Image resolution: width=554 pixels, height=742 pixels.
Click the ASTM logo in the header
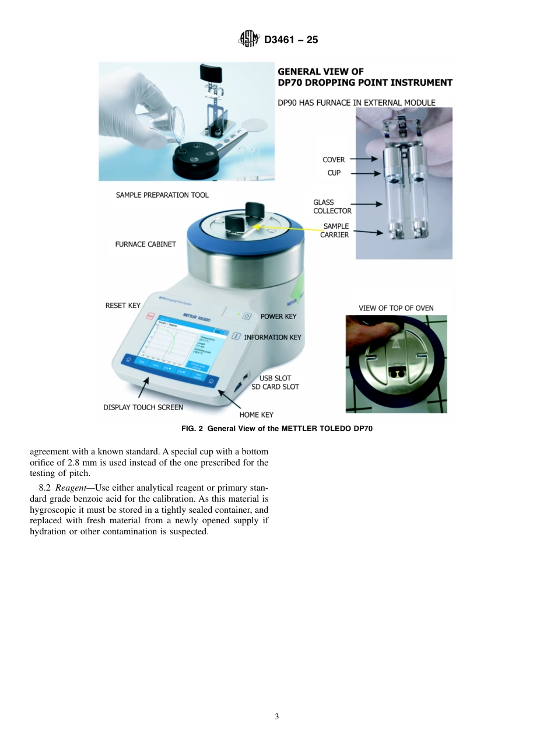249,40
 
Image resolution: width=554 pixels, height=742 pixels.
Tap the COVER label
334,159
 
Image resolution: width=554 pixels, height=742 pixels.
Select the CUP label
334,173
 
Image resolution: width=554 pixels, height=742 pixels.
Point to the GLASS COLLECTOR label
332,206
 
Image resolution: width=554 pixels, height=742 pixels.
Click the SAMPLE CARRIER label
335,230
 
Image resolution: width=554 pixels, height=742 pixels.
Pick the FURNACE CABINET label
145,244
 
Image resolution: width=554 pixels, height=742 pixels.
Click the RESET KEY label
123,305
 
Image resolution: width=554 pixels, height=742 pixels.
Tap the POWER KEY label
278,316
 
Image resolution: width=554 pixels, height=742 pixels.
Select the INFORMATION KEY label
272,337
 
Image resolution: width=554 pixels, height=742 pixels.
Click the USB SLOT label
275,378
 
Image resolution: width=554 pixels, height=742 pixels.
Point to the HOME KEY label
256,415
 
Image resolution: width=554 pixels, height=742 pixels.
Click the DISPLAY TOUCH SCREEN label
143,407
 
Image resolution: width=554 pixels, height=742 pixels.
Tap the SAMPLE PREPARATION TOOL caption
162,195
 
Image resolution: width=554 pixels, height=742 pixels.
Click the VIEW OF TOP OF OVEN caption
396,308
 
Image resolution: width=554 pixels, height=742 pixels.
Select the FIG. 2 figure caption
276,429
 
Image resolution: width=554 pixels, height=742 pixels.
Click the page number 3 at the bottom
277,717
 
